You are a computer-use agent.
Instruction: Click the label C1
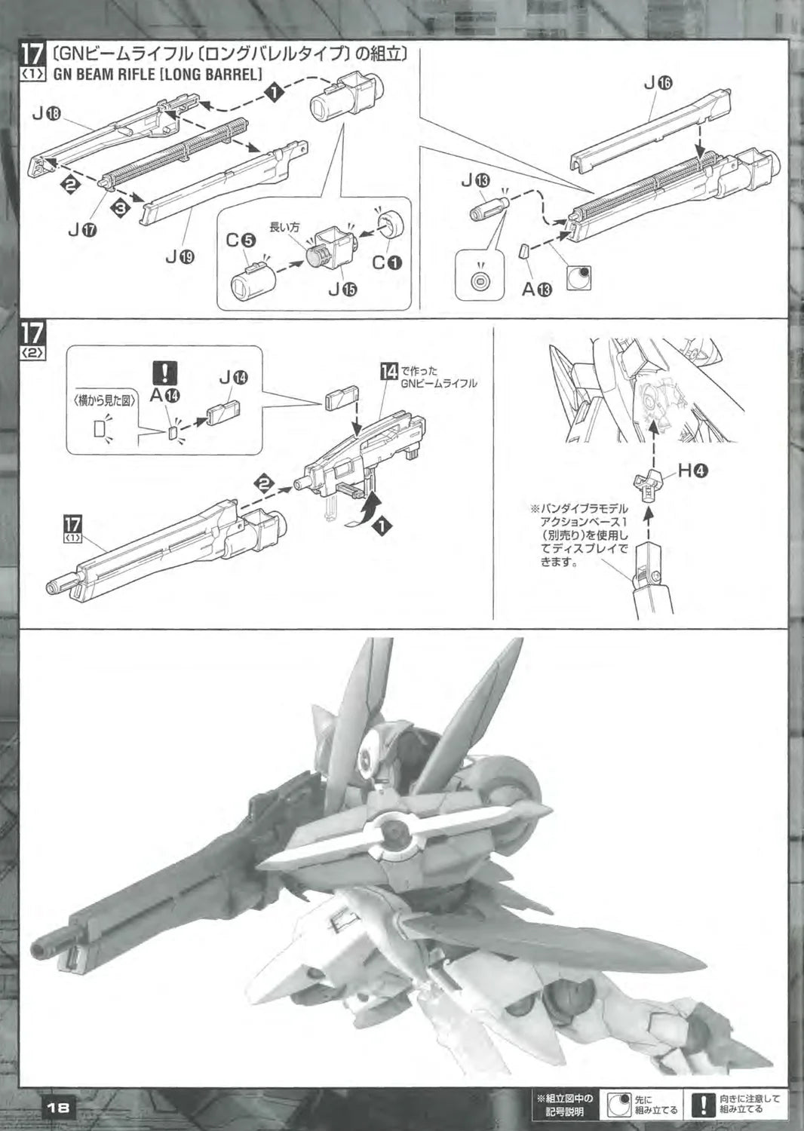387,262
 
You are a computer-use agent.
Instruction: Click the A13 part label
537,289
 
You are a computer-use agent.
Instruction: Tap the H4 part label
692,470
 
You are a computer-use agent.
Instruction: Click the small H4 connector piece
646,484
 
